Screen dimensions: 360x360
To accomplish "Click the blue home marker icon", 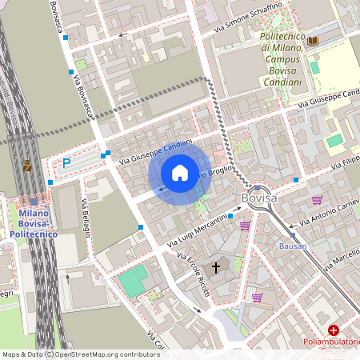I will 180,173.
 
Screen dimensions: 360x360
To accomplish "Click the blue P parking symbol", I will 66,163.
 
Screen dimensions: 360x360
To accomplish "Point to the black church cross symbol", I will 215,269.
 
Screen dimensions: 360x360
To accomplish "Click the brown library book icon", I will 313,40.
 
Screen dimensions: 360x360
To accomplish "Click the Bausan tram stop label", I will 293,246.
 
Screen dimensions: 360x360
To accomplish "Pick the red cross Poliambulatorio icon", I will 334,330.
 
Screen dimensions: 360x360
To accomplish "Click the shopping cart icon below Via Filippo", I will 318,200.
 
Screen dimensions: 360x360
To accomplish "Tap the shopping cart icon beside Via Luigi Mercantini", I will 245,226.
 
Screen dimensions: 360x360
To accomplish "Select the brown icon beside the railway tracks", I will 28,166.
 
